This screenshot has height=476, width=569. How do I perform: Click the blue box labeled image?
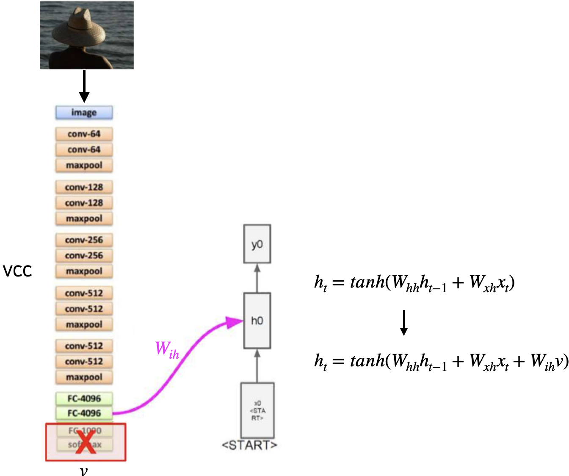(84, 113)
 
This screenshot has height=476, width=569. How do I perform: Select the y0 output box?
(257, 244)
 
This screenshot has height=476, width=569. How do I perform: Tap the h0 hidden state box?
(257, 321)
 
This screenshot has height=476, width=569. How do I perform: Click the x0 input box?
(257, 410)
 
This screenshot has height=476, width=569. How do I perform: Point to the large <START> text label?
(249, 446)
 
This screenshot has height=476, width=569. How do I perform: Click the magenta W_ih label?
(167, 350)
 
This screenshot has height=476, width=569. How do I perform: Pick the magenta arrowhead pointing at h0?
(234, 322)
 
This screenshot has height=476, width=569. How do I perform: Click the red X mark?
(86, 443)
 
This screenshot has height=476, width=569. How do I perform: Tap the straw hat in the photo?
(79, 30)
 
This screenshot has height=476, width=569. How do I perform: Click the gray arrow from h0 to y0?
(257, 278)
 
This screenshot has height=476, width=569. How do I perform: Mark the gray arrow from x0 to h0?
(257, 365)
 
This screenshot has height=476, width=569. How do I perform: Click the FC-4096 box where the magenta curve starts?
(84, 413)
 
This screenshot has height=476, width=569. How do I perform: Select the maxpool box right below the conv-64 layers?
(84, 165)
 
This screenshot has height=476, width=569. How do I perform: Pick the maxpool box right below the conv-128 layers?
(84, 219)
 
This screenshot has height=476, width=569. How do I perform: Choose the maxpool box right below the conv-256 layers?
(84, 271)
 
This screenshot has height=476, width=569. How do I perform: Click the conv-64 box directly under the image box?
(84, 134)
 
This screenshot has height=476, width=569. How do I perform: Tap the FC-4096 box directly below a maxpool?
(84, 399)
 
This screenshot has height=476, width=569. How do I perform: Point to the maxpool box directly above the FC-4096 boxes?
(84, 377)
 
